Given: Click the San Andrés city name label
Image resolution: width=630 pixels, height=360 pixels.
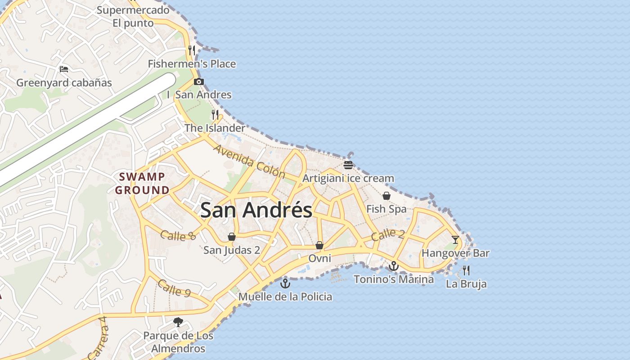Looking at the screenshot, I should (256, 210).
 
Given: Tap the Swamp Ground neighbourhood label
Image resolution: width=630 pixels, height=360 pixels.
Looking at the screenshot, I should (142, 183).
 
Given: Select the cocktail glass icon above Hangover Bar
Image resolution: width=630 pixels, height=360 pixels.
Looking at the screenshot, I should (455, 239).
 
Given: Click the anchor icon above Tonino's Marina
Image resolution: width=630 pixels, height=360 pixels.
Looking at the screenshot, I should (394, 266).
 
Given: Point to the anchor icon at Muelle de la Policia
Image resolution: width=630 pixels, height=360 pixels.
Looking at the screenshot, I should (285, 283).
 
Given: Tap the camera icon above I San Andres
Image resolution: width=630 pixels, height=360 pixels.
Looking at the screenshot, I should (198, 81).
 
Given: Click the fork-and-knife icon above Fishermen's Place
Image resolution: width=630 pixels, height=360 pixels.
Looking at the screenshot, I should (192, 50).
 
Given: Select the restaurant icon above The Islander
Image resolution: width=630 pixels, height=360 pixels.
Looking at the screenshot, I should (215, 115).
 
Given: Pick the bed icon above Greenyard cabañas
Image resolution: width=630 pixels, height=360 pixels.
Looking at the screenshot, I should (64, 69).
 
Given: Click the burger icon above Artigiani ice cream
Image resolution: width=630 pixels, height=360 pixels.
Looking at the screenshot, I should (348, 165).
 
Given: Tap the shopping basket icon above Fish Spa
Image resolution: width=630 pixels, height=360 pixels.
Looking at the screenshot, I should (386, 196).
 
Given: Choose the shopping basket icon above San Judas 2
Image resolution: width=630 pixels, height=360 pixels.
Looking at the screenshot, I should (231, 237).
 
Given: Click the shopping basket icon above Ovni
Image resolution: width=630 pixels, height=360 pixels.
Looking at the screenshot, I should (319, 245).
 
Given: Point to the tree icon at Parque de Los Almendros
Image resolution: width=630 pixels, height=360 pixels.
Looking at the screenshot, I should (178, 322).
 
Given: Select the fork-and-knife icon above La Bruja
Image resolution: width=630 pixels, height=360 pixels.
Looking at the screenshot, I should (466, 270).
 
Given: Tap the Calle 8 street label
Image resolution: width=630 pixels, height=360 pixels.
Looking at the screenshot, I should (178, 235).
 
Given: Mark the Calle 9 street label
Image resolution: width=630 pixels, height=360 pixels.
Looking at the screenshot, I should (174, 288).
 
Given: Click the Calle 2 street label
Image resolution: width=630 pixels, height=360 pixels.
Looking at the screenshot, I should (388, 234).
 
